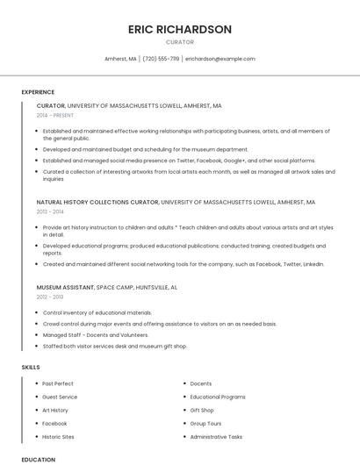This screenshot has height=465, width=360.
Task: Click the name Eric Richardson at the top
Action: click(180, 29)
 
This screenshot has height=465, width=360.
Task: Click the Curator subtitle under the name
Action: click(180, 42)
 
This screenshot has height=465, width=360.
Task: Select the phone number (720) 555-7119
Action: click(161, 59)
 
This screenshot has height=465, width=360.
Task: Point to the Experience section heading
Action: click(38, 92)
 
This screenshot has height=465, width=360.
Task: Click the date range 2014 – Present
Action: click(55, 115)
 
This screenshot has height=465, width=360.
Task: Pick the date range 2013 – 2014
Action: click(50, 211)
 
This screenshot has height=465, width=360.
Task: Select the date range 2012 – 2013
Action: click(50, 297)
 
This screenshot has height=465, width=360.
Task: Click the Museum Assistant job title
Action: click(65, 287)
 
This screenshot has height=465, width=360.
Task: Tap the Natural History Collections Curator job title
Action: click(97, 202)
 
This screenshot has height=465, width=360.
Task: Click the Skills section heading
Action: click(31, 366)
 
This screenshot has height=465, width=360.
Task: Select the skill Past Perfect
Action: click(58, 383)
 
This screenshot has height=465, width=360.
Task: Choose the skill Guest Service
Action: click(60, 397)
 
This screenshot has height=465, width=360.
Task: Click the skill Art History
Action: click(55, 410)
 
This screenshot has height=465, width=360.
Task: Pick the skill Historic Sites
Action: click(58, 436)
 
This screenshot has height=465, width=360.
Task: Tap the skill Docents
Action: click(201, 383)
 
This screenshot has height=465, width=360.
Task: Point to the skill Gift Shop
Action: click(202, 410)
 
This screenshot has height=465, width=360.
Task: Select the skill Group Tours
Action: click(205, 423)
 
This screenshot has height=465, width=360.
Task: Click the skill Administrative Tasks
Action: click(216, 436)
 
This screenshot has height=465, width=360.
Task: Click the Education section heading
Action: click(38, 459)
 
